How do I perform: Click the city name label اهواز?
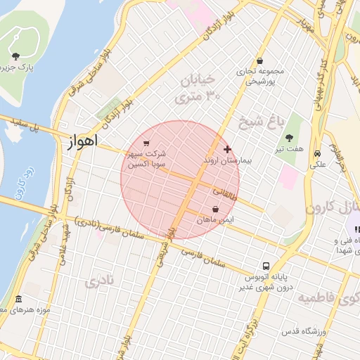[82, 142]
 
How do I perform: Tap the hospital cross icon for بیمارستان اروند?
[226, 150]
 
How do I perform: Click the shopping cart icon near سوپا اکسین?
[146, 143]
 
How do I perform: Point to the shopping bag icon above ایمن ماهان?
[214, 210]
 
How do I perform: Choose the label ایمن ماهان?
[214, 221]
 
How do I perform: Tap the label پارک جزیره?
[18, 67]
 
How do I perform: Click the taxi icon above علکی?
[318, 153]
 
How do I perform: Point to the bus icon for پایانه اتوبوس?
[266, 266]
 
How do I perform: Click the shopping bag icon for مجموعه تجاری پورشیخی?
[261, 60]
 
